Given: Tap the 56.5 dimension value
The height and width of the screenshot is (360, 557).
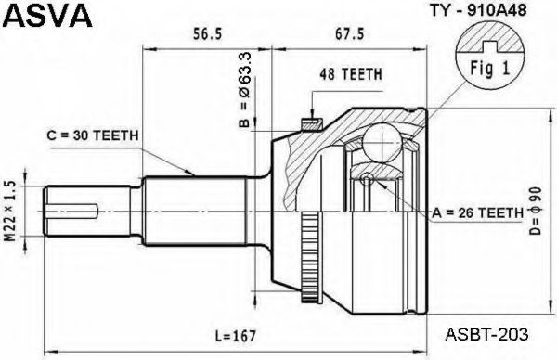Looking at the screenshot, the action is pos(207,34).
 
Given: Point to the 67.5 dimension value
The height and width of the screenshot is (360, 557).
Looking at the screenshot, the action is pos(350,34).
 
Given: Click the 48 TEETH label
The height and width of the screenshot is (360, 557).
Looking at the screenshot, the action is pos(351,74).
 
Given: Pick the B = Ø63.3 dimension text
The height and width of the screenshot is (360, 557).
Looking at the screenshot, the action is pos(245,89).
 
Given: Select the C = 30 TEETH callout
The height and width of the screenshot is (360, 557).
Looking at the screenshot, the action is pos(93,135).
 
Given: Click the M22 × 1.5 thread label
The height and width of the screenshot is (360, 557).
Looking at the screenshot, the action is pos(11,212).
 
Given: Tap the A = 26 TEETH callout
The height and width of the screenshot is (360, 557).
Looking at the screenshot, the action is pos(478,213).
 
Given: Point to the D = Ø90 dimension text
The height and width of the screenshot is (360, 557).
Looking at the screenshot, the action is pos(535,211).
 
